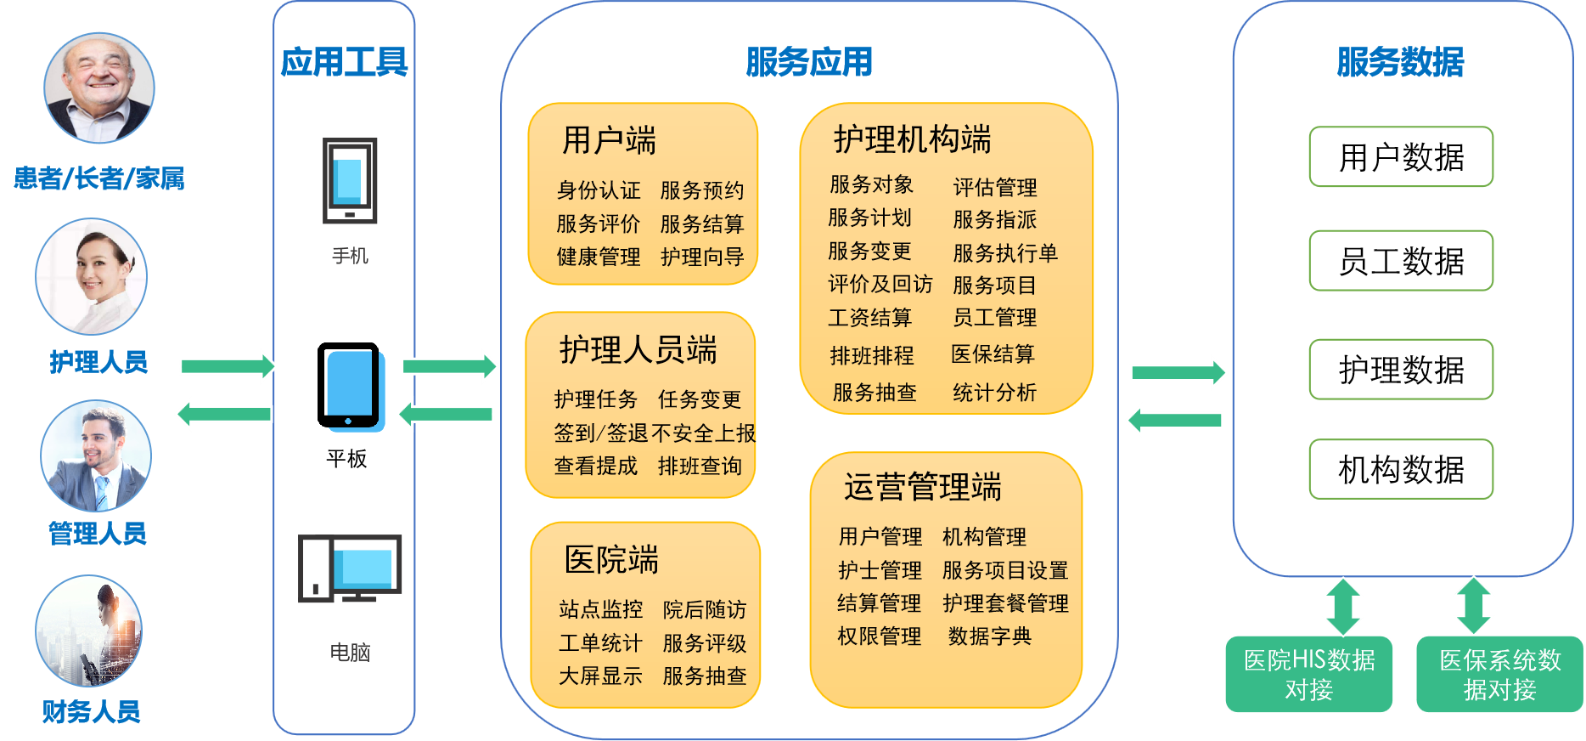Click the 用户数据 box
1401,157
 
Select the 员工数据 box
1401,261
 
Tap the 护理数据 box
1401,370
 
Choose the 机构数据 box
1401,469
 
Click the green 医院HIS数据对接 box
1308,675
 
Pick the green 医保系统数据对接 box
1499,675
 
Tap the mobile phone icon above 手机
349,181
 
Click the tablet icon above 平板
349,387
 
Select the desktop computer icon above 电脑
349,568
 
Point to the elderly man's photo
99,88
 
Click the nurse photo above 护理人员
92,277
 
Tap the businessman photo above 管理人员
96,456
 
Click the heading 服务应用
808,62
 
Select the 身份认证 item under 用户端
599,190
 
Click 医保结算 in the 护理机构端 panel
993,354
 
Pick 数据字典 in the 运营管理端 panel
989,636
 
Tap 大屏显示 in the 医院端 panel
600,676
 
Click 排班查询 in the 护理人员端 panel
700,466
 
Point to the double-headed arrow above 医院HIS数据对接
1343,606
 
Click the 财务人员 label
92,712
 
